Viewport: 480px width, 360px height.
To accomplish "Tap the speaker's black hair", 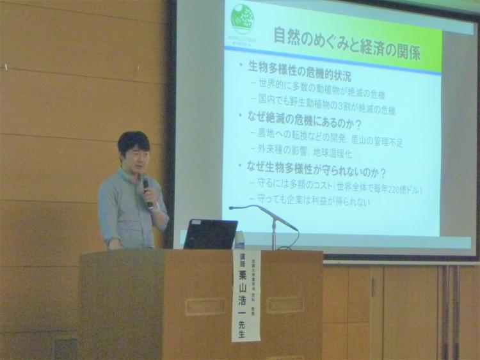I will click(x=133, y=141).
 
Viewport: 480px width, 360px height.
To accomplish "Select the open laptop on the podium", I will click(x=211, y=234).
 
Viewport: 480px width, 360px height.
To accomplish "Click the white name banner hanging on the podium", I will click(x=246, y=295).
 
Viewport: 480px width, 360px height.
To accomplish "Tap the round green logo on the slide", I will click(x=243, y=19).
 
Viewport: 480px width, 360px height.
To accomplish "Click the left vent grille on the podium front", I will click(x=205, y=306).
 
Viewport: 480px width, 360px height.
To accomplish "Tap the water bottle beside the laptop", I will click(x=240, y=240).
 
